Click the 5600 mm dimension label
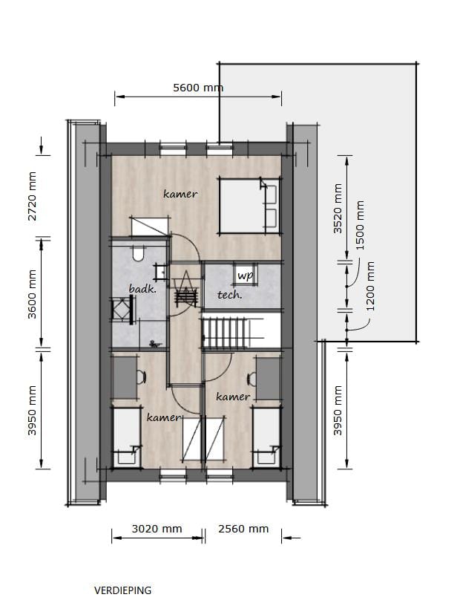(198, 88)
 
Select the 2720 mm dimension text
(33, 196)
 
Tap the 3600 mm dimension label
(33, 294)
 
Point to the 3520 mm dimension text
(338, 209)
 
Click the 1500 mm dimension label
(361, 225)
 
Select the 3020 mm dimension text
(157, 529)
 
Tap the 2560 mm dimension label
(243, 529)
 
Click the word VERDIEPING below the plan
(122, 590)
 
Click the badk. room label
(142, 289)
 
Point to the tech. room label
(229, 295)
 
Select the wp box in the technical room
(245, 275)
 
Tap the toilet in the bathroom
(137, 254)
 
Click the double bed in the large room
(249, 204)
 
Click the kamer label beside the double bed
(180, 194)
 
